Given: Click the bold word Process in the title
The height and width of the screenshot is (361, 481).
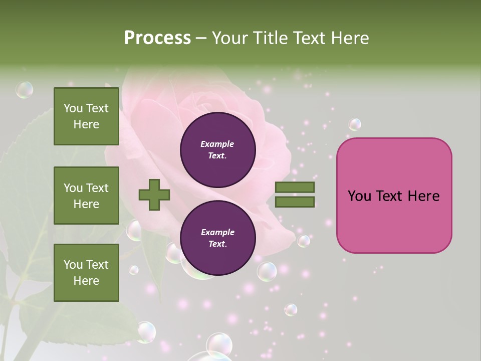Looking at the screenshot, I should point(157,38).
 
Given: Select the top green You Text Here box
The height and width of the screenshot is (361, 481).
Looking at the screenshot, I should point(86,116).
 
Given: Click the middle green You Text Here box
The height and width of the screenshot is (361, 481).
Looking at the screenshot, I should point(86,196).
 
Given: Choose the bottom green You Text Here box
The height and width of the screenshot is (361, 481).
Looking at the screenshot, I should point(86,273).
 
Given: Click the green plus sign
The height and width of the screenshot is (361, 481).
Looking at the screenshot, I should point(154,195).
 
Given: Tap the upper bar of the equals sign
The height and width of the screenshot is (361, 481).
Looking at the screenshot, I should point(295,188).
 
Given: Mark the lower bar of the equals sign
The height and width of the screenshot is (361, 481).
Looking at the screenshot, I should point(295,202).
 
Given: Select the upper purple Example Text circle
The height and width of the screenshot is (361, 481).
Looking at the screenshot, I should point(217,150).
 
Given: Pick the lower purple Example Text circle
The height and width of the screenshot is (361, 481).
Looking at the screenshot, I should point(217,238).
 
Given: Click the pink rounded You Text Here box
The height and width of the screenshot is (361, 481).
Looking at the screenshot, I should point(394,196).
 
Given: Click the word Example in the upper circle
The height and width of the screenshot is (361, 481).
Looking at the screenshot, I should point(217,144).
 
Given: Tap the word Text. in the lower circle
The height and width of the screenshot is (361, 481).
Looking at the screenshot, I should point(217,244).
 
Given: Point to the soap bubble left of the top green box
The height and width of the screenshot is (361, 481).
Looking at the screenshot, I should point(24,90).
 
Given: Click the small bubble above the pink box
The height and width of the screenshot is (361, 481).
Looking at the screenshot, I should point(355,124).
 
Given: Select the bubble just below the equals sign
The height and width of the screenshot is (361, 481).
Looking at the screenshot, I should point(304,241).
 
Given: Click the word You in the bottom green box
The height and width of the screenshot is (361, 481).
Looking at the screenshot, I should point(73,265).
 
